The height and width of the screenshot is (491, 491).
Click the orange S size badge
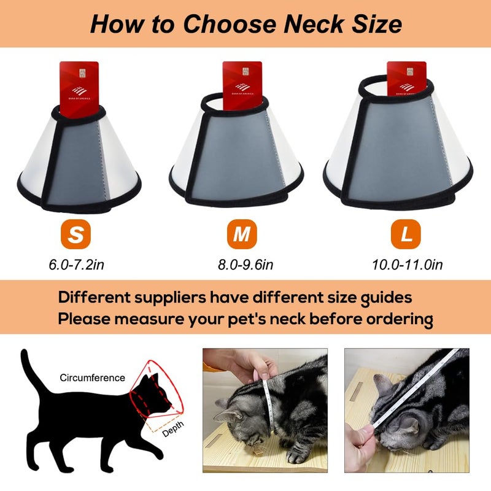[74, 235]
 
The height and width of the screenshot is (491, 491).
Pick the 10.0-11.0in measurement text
[407, 265]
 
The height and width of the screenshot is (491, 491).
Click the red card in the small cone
[80, 83]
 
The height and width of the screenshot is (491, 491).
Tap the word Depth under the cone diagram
[172, 432]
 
